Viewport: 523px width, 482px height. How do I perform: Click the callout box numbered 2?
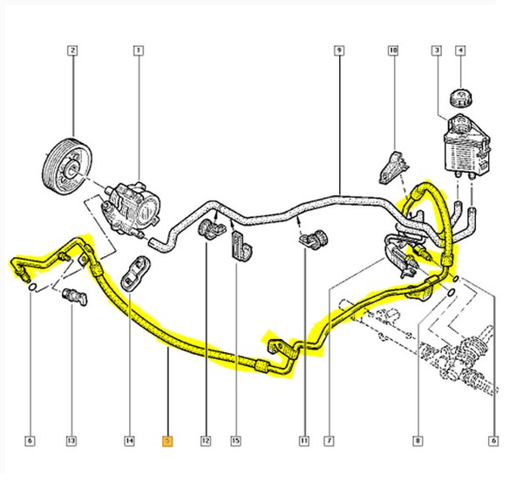pyautogui.click(x=73, y=51)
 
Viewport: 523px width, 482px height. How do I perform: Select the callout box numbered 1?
pyautogui.click(x=137, y=51)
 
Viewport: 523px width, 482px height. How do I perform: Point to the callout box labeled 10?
pyautogui.click(x=393, y=51)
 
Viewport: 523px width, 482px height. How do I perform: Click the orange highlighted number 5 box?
pyautogui.click(x=168, y=441)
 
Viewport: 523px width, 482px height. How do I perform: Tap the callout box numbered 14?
pyautogui.click(x=129, y=441)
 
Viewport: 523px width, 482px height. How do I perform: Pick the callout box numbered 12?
pyautogui.click(x=207, y=441)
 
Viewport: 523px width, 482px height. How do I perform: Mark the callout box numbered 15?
pyautogui.click(x=234, y=441)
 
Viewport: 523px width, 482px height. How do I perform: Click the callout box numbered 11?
pyautogui.click(x=305, y=441)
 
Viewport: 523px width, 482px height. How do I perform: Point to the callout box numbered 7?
pyautogui.click(x=330, y=441)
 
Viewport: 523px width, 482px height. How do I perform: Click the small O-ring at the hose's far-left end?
pyautogui.click(x=32, y=288)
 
